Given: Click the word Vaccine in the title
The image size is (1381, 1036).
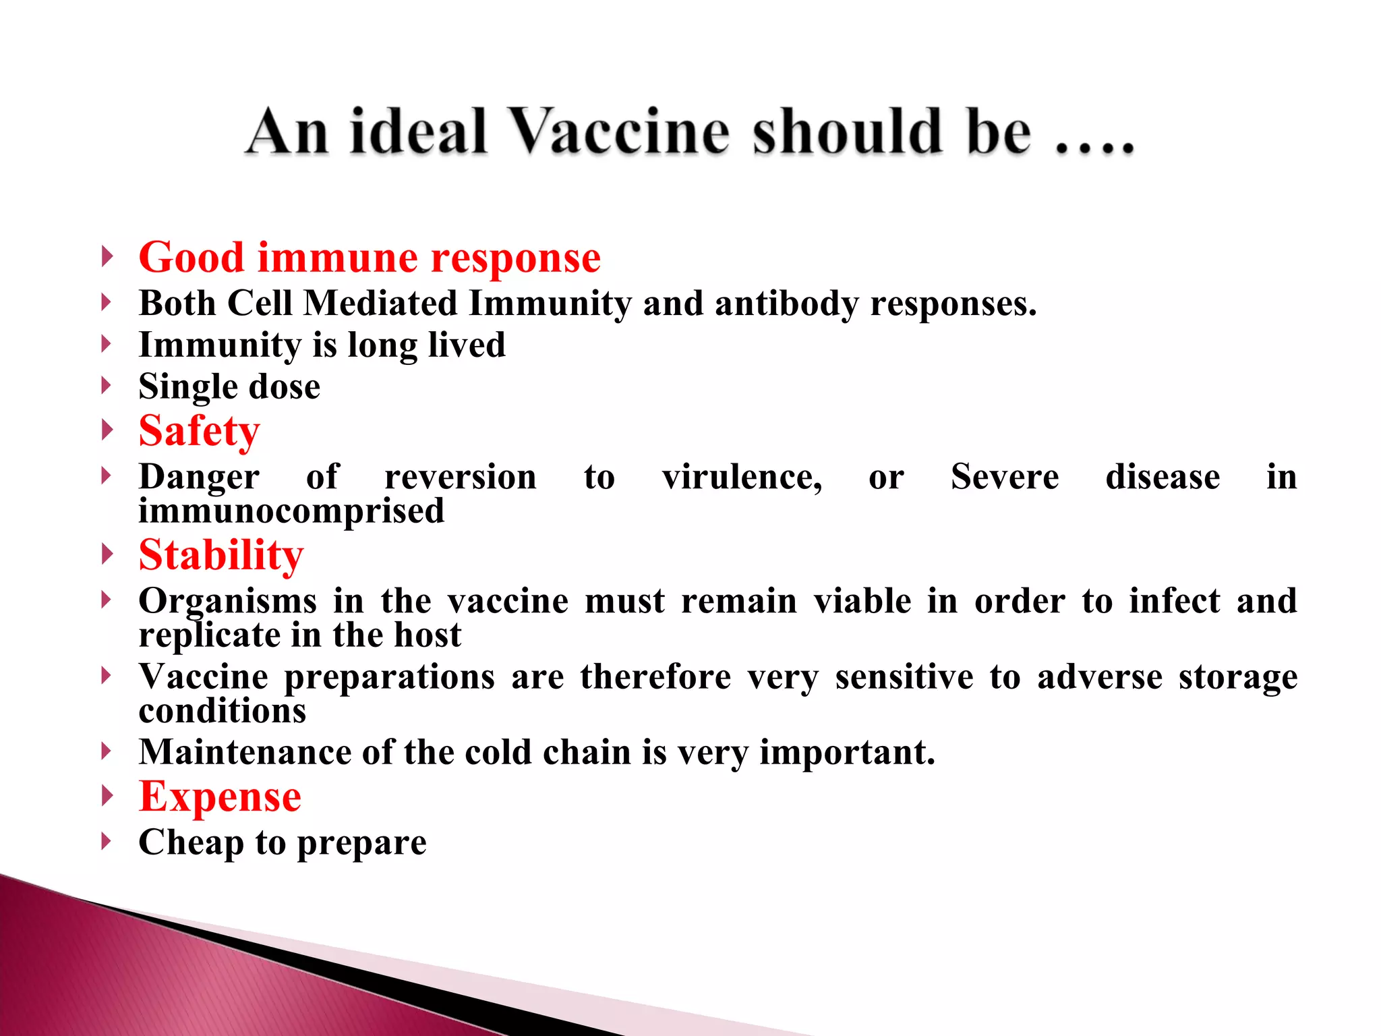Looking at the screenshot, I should [620, 132].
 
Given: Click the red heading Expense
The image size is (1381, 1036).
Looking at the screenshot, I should [220, 797].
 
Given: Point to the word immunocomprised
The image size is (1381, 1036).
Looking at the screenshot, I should [291, 511].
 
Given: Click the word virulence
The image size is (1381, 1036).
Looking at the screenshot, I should [742, 477].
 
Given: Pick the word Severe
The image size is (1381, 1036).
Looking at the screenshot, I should [1005, 477].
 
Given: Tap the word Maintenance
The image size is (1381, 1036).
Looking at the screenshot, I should [245, 752].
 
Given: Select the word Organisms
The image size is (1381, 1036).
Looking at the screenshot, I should [227, 601].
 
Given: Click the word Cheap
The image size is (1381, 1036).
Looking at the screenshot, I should [191, 842].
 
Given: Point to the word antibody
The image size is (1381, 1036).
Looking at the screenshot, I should [786, 304].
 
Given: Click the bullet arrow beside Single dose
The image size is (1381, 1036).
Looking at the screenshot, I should [106, 386].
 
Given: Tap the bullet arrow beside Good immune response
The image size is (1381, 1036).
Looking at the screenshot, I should [106, 256].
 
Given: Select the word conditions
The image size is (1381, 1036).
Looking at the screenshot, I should [223, 711].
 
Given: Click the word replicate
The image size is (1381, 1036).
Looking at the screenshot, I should [209, 635].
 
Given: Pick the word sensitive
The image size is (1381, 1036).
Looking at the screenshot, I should [904, 677].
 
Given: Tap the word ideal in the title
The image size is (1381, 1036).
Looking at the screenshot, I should [418, 132].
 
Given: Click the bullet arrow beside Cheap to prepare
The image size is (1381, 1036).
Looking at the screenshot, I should [106, 841].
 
